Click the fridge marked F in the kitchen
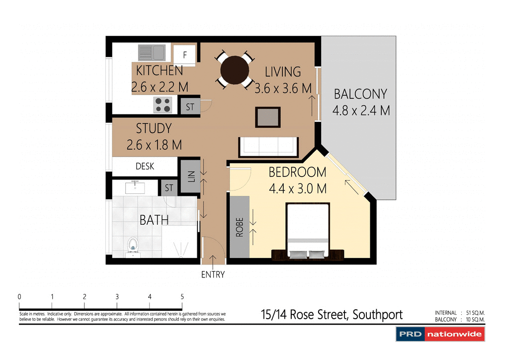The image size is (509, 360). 184,53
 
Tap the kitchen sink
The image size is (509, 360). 152,52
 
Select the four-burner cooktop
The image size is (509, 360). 162,105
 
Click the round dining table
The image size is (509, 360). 235,70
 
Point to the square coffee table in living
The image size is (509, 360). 268,117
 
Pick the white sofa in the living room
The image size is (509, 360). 268,147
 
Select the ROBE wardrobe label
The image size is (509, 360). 239,227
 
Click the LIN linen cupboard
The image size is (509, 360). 189,176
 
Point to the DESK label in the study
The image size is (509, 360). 145,167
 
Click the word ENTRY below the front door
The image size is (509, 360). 213,274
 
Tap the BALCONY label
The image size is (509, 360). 360,94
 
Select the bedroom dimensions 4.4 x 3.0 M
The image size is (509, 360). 297,189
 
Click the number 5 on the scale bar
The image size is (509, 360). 182,296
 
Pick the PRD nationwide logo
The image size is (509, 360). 440,334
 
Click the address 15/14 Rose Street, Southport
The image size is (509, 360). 332,315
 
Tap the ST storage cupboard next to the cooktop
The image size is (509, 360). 190,107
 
